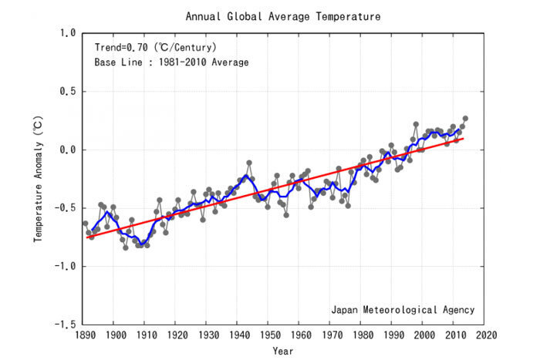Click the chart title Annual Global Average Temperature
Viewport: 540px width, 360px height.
pyautogui.click(x=283, y=16)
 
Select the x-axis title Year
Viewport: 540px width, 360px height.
pyautogui.click(x=283, y=351)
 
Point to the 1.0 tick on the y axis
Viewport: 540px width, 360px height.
pyautogui.click(x=68, y=33)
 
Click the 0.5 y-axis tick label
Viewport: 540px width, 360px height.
pyautogui.click(x=68, y=92)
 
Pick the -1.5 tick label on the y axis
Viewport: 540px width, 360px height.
pyautogui.click(x=65, y=325)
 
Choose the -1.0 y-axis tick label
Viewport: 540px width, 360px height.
pyautogui.click(x=65, y=266)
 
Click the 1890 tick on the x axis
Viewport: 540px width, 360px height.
pyautogui.click(x=86, y=335)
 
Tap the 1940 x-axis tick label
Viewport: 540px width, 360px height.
pyautogui.click(x=240, y=335)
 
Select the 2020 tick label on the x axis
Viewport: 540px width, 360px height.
pyautogui.click(x=487, y=335)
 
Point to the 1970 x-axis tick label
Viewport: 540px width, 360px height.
pyautogui.click(x=332, y=335)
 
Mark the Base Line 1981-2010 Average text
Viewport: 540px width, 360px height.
pyautogui.click(x=171, y=62)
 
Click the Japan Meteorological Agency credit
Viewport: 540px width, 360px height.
pyautogui.click(x=403, y=310)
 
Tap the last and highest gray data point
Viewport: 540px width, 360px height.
pyautogui.click(x=465, y=119)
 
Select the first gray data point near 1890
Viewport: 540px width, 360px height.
pyautogui.click(x=86, y=224)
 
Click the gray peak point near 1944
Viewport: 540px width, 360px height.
pyautogui.click(x=249, y=163)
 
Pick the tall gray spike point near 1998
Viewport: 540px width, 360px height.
pyautogui.click(x=416, y=124)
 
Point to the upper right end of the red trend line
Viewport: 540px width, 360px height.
pyautogui.click(x=464, y=138)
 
